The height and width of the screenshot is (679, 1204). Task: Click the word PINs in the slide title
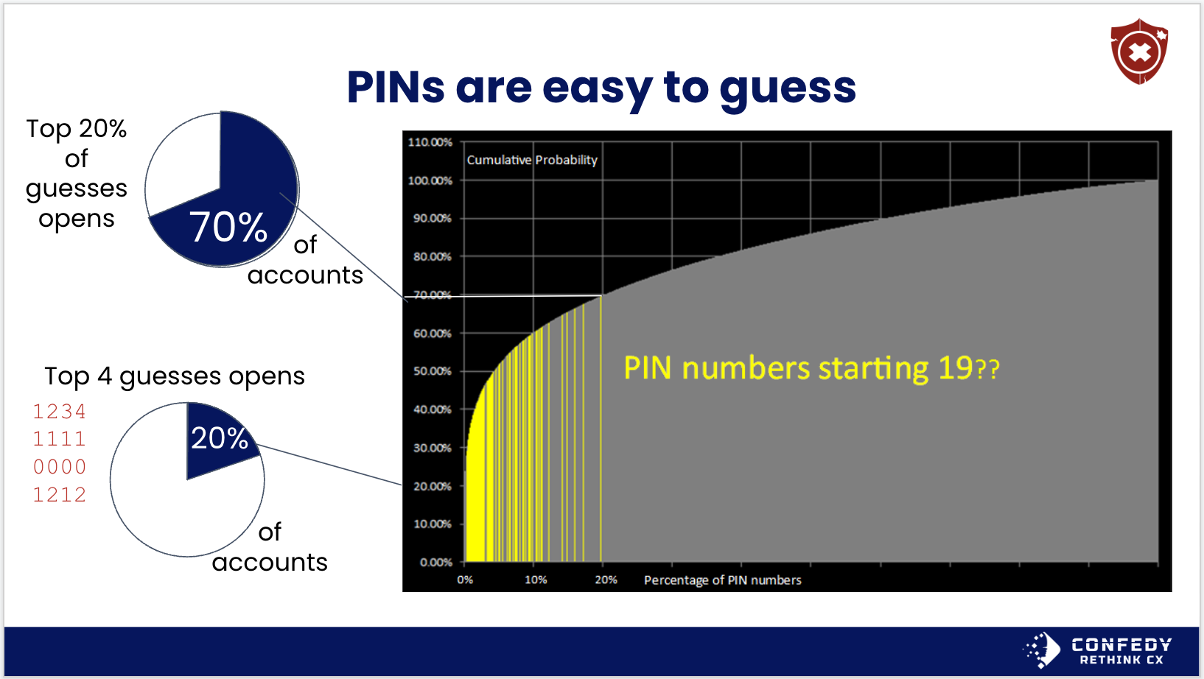click(x=396, y=88)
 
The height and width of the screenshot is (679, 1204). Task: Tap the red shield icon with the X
click(x=1139, y=52)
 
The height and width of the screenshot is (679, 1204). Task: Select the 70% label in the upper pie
click(x=228, y=228)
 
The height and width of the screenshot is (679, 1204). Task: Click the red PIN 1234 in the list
click(x=60, y=412)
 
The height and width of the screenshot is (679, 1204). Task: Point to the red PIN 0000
click(x=60, y=468)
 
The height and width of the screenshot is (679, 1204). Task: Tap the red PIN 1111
click(x=60, y=440)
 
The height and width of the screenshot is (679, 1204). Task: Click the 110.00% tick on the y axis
click(x=430, y=142)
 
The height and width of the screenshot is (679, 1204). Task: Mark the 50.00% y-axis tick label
click(x=433, y=371)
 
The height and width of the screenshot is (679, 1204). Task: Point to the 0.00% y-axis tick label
click(x=436, y=563)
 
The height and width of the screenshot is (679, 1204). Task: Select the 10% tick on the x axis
click(x=536, y=580)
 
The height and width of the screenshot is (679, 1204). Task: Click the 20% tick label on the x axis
click(x=606, y=580)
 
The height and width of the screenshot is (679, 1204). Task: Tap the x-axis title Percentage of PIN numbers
click(x=722, y=580)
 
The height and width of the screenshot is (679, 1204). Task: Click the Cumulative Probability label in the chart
click(x=532, y=160)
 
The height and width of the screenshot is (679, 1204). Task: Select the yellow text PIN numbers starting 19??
click(x=811, y=369)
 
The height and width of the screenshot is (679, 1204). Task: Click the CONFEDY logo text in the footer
click(x=1121, y=644)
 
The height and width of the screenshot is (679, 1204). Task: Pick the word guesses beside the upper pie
click(x=77, y=189)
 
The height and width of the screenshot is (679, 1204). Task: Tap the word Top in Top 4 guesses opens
click(x=66, y=377)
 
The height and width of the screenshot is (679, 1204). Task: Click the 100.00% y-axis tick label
click(x=430, y=180)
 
